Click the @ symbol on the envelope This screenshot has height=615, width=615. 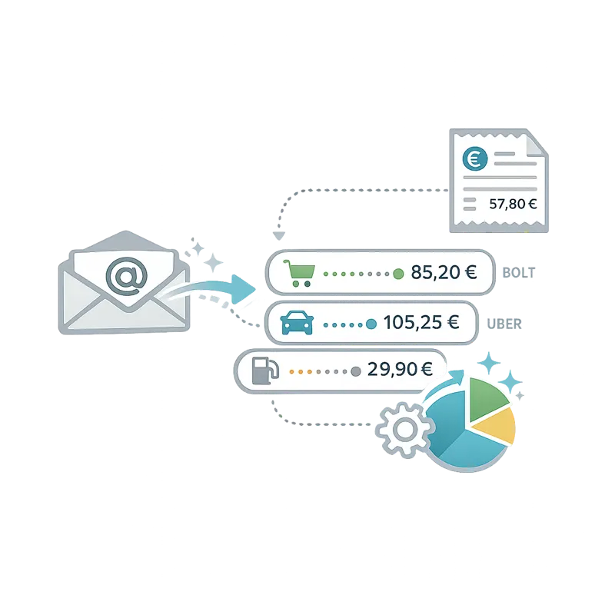pos(127,276)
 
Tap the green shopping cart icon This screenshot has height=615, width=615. pos(299,273)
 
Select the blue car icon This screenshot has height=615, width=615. pos(298,323)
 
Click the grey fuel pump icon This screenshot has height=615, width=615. pos(265,371)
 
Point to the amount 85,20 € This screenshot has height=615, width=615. pos(444,272)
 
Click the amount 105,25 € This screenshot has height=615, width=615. pos(421,322)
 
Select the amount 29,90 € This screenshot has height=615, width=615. pos(400,369)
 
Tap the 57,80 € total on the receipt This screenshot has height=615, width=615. pos(513,204)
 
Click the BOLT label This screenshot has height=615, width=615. pos(518,273)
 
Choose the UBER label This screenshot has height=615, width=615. pos(504,324)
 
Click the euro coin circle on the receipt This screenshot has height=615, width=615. pos(475,159)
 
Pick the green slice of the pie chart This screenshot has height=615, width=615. pos(486,398)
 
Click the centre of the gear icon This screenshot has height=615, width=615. pos(405,430)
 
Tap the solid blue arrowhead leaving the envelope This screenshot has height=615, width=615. pos(243,290)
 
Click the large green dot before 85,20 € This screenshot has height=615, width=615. pos(398,274)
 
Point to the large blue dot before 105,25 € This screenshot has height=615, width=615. pos(371,324)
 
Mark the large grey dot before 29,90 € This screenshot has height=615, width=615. pos(356,371)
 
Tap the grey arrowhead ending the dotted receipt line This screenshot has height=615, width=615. pos(279,236)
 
